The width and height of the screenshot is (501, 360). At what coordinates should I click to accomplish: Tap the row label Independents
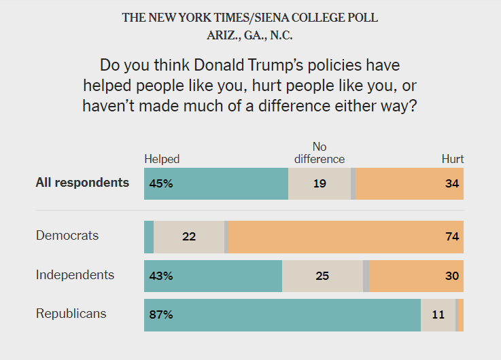coord(75,275)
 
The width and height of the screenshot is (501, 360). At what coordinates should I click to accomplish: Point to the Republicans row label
coord(71,314)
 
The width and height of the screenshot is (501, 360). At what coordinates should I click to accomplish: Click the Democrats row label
coord(67,236)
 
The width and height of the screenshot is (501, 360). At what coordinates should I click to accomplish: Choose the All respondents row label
coord(82,183)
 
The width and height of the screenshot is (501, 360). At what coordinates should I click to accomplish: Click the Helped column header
coord(162,159)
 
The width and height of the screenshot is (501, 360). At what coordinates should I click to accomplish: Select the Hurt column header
coord(453,159)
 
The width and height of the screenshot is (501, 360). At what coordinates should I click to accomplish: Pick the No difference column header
coord(319,153)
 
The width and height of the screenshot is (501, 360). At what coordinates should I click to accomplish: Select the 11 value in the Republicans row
coord(439,314)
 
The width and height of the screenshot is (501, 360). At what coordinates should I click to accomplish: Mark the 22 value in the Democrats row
coord(190,236)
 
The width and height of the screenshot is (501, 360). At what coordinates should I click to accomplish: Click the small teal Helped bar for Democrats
coord(149,236)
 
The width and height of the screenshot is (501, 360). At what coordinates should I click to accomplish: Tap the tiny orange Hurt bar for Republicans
coord(461,314)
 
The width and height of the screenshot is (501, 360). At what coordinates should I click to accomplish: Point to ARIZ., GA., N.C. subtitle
coord(250,36)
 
